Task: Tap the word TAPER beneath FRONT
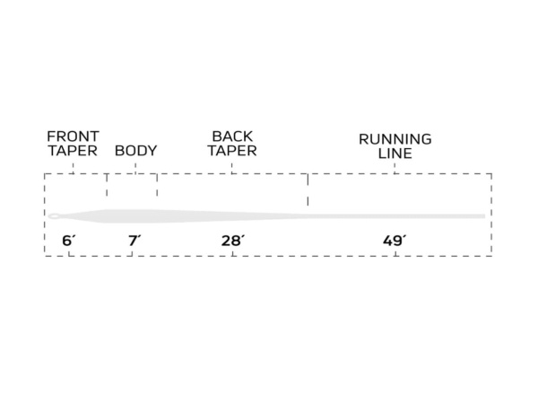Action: [x=73, y=151]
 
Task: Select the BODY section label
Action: [x=135, y=151]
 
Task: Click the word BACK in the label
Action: [x=232, y=136]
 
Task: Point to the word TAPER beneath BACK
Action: [x=232, y=151]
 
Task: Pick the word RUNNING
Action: [x=395, y=139]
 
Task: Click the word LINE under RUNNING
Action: [x=395, y=154]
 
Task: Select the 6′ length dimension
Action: [x=67, y=240]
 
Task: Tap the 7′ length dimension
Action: [x=134, y=240]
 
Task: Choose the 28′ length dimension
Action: [x=232, y=240]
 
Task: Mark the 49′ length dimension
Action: [x=394, y=240]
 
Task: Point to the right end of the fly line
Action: [x=483, y=216]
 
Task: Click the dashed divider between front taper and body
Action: [x=107, y=186]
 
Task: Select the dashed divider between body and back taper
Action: [x=157, y=186]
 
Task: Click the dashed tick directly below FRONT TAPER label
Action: [x=73, y=167]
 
